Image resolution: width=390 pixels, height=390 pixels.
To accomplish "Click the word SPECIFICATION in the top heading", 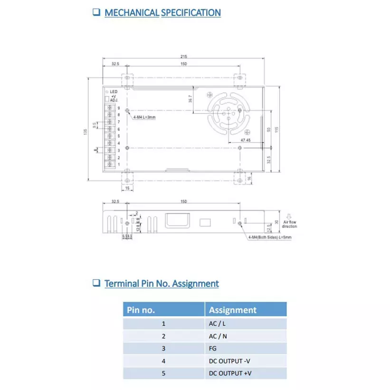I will [191, 12].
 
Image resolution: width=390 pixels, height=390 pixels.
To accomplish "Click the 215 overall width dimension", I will [183, 56].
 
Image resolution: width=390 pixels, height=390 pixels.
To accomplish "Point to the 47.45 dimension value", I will [245, 141].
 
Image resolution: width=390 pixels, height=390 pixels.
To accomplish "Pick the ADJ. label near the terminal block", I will [114, 100].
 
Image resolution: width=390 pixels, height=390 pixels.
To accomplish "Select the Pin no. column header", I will [141, 310].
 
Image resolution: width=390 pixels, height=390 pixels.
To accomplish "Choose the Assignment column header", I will [233, 310].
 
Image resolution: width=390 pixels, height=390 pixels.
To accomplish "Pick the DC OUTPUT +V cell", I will [230, 373].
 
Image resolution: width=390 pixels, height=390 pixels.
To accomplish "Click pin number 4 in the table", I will [164, 361].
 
